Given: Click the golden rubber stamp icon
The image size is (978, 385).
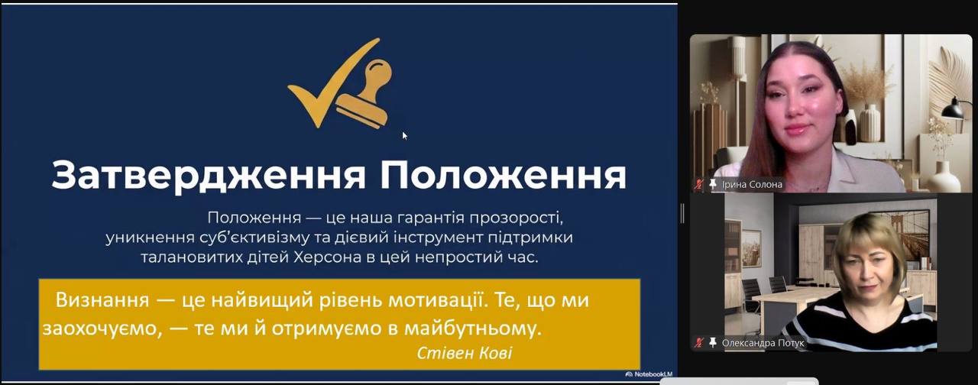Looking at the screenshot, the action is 365,94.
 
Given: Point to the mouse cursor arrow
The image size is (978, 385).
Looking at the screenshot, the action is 405,136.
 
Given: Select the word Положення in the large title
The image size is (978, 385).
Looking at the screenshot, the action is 503,175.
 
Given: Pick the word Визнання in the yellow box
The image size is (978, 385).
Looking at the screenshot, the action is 102,300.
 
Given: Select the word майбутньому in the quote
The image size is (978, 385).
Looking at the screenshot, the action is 473,328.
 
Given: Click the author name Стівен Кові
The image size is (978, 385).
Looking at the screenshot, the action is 465,353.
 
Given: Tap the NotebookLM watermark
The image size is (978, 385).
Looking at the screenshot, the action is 649,374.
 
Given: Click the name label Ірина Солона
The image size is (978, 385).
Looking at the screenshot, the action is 752,185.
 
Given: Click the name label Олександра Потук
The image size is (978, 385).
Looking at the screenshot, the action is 763,343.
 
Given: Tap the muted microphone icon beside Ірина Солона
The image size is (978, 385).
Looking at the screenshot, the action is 699,185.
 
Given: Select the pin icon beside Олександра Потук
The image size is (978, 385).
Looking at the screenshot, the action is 713,343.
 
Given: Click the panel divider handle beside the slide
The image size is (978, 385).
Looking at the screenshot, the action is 682,213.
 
